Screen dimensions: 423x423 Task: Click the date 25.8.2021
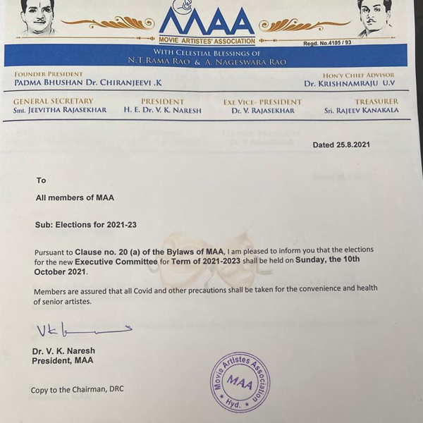click(341, 145)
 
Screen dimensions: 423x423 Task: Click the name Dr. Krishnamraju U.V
click(350, 83)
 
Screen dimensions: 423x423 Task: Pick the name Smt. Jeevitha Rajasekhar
click(60, 111)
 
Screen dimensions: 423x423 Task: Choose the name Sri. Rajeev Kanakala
click(361, 111)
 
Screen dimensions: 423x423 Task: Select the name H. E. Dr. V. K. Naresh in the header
click(162, 111)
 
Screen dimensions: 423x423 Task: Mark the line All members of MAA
click(75, 198)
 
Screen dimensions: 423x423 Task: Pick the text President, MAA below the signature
click(62, 361)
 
